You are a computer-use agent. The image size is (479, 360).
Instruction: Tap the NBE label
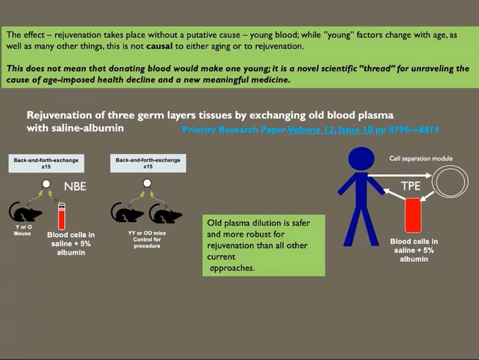tap(75, 187)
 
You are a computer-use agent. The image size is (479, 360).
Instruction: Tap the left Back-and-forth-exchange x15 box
tap(46, 164)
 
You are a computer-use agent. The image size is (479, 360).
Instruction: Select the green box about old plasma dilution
tap(263, 246)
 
